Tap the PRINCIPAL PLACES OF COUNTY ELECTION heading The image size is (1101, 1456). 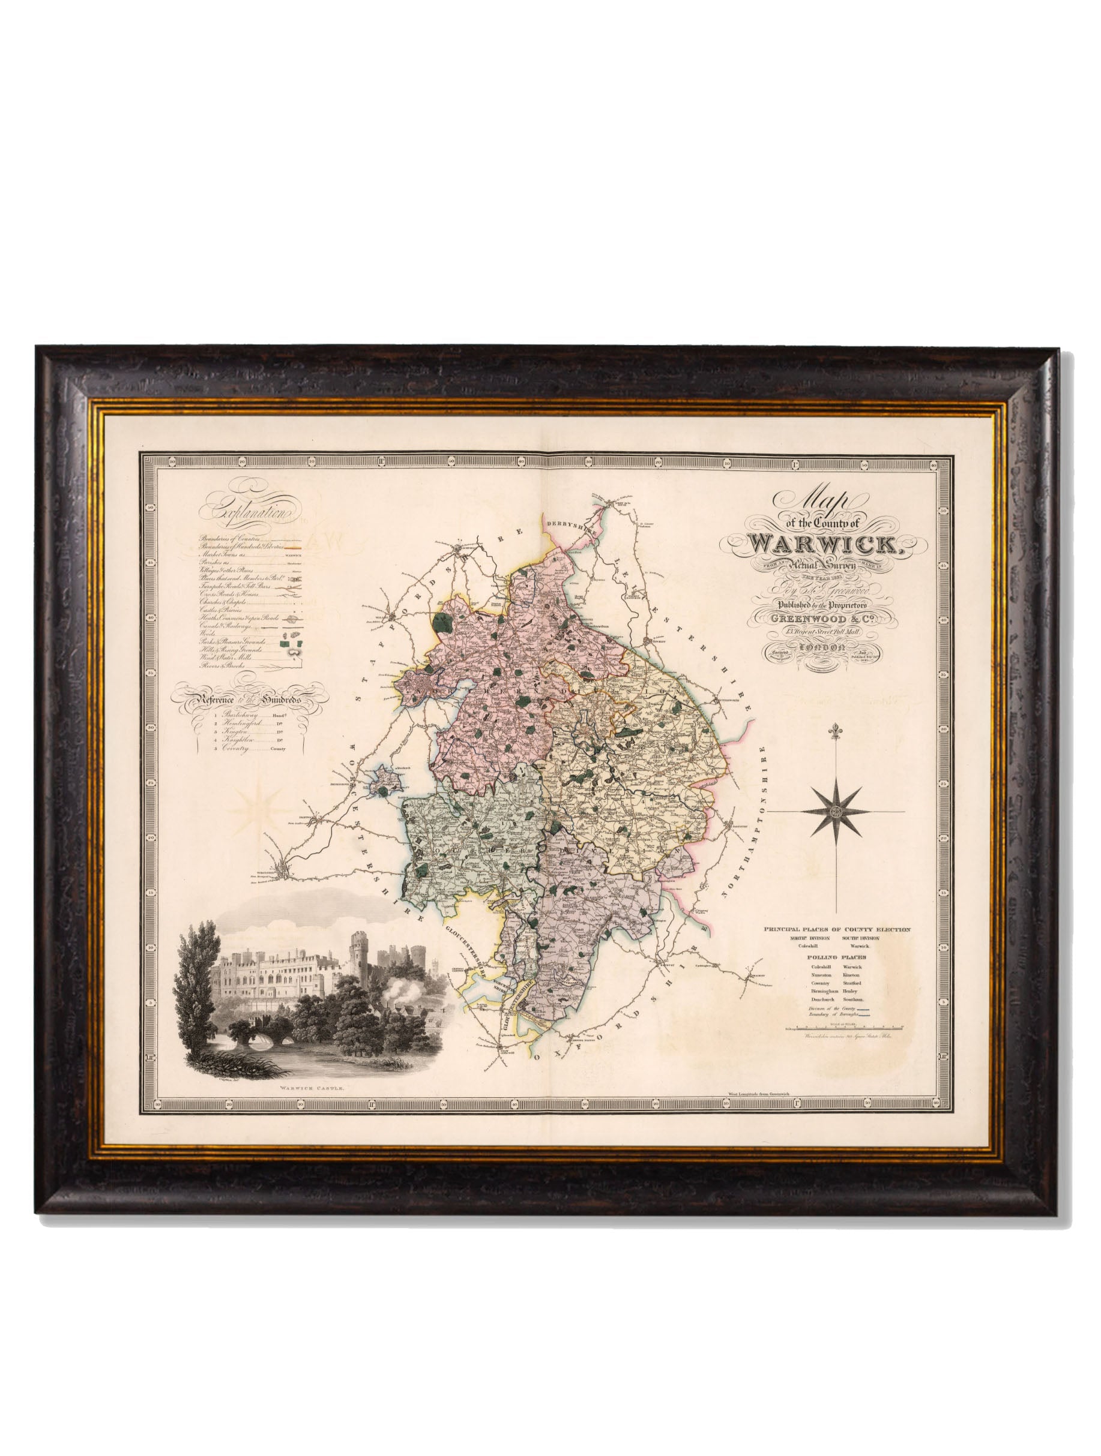[x=837, y=929]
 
